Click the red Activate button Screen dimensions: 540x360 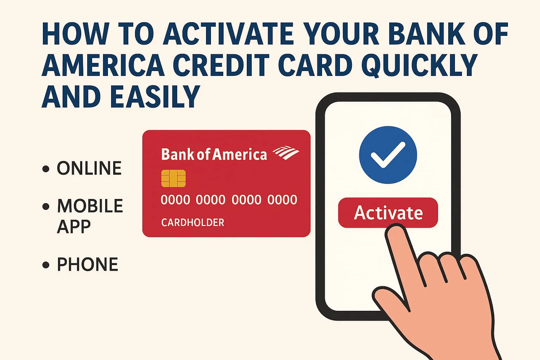tap(388, 213)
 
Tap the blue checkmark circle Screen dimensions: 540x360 tap(388, 155)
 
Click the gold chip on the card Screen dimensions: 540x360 tap(173, 179)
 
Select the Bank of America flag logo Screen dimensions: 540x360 tap(286, 153)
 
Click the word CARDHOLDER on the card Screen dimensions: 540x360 tap(193, 223)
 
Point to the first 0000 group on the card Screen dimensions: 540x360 tap(175, 200)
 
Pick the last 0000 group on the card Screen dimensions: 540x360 tap(282, 200)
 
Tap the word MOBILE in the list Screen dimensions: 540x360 tap(90, 206)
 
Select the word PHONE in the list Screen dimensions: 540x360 tap(88, 264)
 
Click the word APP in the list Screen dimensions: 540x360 tap(74, 227)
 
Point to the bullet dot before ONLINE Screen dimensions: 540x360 tap(46, 168)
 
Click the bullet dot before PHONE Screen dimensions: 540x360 tap(46, 265)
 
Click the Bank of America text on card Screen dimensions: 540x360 tap(214, 154)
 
